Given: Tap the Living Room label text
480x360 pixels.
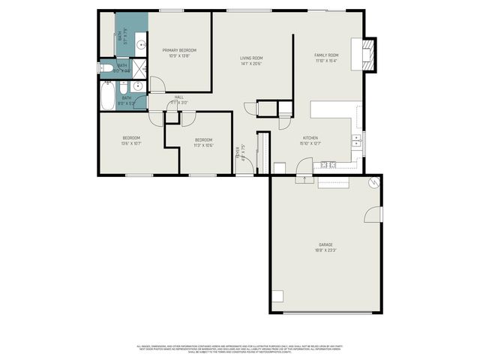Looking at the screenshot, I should (x=251, y=58).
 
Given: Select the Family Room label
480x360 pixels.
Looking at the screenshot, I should (x=326, y=55).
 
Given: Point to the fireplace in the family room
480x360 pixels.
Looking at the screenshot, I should (x=367, y=54).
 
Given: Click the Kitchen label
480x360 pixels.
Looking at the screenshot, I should (x=310, y=138).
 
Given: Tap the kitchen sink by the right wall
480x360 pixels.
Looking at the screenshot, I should (x=357, y=139).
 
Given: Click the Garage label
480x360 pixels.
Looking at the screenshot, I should (x=325, y=244).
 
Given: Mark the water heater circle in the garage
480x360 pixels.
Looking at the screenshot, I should (x=373, y=183).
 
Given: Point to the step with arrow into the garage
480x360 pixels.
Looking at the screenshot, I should (x=304, y=178).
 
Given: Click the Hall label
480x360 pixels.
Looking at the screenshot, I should (x=179, y=97).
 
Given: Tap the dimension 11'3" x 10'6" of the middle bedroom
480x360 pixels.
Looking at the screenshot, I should (x=204, y=145).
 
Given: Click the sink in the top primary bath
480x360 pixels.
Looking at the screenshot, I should (x=120, y=35).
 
